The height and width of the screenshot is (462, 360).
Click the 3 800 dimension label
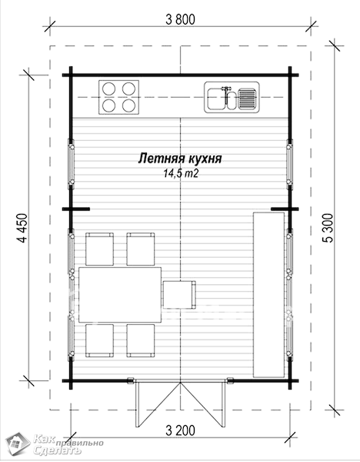pyautogui.click(x=180, y=20)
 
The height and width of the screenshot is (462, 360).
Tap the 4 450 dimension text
pyautogui.click(x=22, y=228)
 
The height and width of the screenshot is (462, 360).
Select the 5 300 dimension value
pyautogui.click(x=328, y=228)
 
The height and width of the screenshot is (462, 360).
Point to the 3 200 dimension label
pyautogui.click(x=180, y=430)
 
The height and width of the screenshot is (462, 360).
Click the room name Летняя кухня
pyautogui.click(x=180, y=159)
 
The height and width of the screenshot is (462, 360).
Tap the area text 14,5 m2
pyautogui.click(x=181, y=173)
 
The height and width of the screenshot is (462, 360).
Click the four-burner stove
pyautogui.click(x=118, y=97)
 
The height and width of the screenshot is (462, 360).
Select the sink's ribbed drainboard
pyautogui.click(x=247, y=99)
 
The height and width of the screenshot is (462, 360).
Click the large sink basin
pyautogui.click(x=215, y=99)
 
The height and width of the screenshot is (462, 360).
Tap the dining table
pyautogui.click(x=120, y=295)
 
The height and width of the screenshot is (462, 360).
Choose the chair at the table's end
pyautogui.click(x=179, y=295)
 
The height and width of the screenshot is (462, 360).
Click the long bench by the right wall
pyautogui.click(x=268, y=295)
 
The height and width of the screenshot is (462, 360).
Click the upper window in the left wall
pyautogui.click(x=71, y=164)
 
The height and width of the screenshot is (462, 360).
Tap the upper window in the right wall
pyautogui.click(x=289, y=164)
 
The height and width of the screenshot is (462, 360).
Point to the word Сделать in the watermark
pyautogui.click(x=57, y=450)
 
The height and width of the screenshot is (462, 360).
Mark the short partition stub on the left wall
pyautogui.click(x=76, y=209)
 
